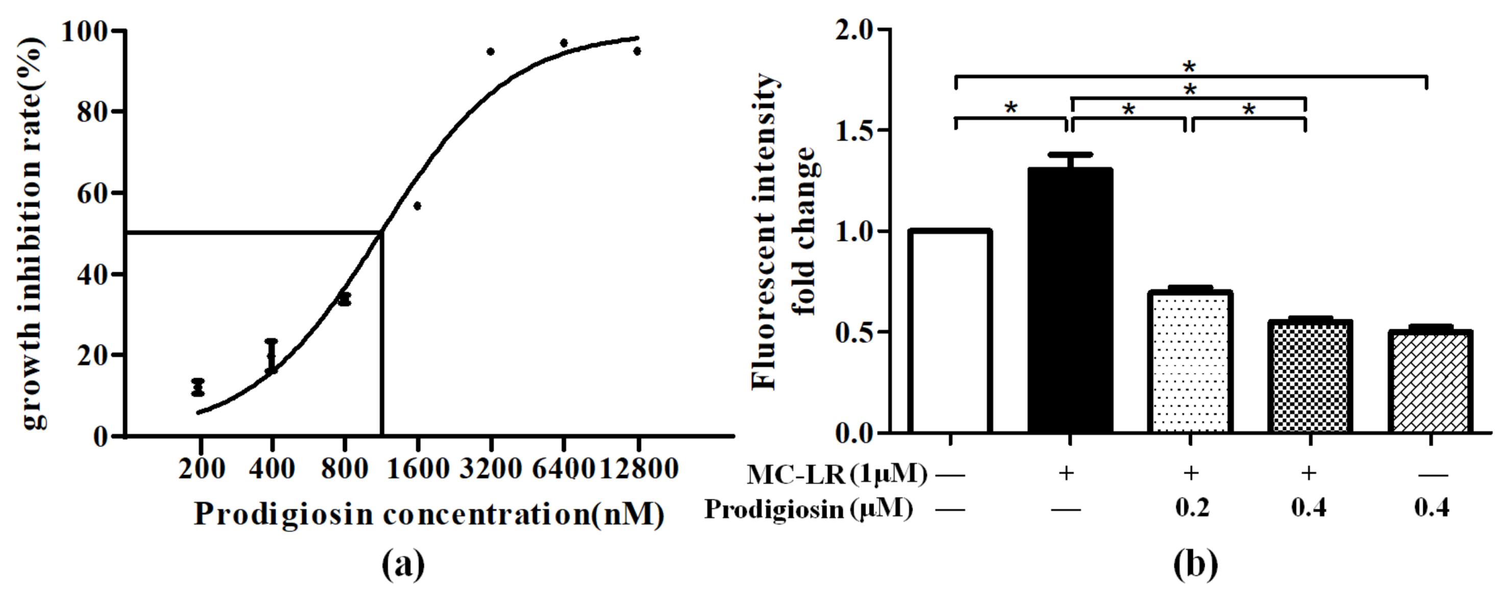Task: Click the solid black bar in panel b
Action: [1070, 301]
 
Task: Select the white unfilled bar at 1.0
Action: [950, 332]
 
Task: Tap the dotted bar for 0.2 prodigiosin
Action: [1190, 362]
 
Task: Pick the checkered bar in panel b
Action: [1310, 377]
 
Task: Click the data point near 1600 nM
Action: [417, 206]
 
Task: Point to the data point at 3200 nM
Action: [490, 52]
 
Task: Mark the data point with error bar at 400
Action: [272, 356]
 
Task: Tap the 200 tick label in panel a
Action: [201, 469]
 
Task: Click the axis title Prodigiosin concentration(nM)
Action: [429, 514]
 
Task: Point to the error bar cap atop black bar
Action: [1070, 155]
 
